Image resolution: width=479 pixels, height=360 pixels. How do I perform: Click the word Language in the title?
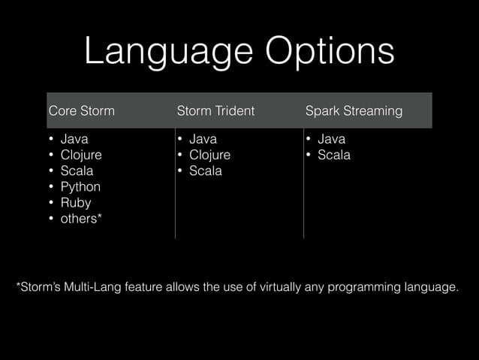click(160, 51)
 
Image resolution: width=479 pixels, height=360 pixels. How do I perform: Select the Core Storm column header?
click(81, 111)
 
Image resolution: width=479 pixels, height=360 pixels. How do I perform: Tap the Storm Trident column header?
click(215, 111)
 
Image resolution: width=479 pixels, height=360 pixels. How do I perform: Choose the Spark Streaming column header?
click(354, 111)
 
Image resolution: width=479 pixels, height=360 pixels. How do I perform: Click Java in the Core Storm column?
click(74, 139)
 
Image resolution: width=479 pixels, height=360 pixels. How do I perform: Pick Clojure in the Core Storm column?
click(81, 155)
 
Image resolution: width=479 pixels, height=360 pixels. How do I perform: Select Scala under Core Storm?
click(77, 171)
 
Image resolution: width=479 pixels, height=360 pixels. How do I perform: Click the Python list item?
click(80, 186)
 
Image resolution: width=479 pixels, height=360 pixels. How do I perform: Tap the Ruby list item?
click(76, 203)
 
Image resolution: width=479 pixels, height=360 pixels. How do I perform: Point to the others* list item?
click(82, 219)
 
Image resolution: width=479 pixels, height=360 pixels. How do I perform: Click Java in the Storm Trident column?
click(203, 139)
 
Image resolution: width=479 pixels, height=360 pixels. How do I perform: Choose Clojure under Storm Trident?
click(209, 155)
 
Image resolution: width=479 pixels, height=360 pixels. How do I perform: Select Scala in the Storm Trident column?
click(206, 171)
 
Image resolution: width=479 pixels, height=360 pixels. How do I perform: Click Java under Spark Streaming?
click(331, 139)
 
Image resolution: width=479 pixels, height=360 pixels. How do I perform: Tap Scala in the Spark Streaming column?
click(334, 155)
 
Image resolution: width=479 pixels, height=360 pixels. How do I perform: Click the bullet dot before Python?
click(51, 187)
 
